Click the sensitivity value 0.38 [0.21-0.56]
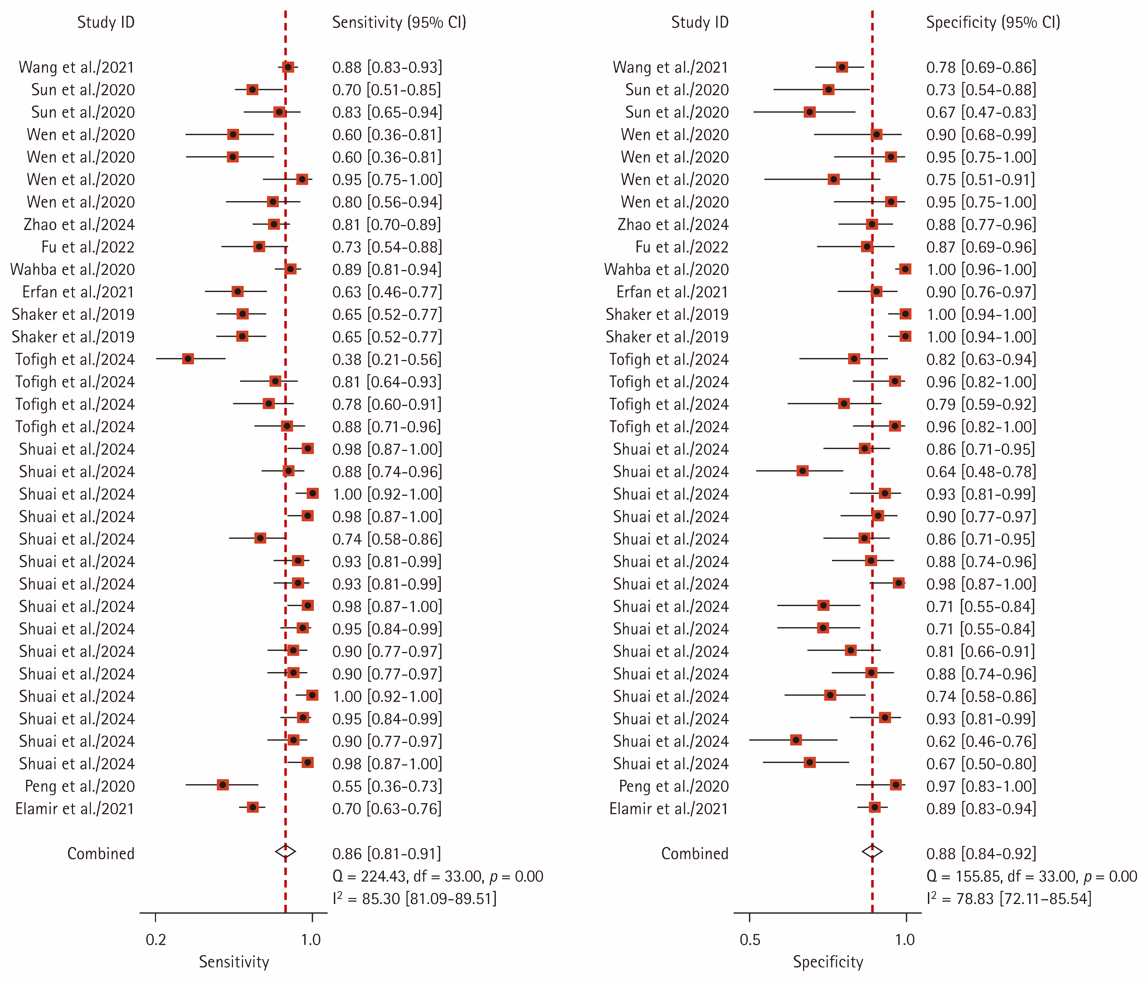pos(387,360)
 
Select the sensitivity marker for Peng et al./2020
pos(223,785)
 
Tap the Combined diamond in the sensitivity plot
pos(285,852)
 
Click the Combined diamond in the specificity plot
pos(872,852)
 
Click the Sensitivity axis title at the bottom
pos(234,962)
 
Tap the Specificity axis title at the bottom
pos(828,962)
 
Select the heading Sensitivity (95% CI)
pos(399,22)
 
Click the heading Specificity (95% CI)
pos(993,22)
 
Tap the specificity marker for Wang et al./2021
pos(842,67)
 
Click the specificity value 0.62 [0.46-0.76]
pos(981,742)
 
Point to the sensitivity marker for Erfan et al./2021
pos(238,291)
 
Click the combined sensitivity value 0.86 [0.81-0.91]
pos(387,854)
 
